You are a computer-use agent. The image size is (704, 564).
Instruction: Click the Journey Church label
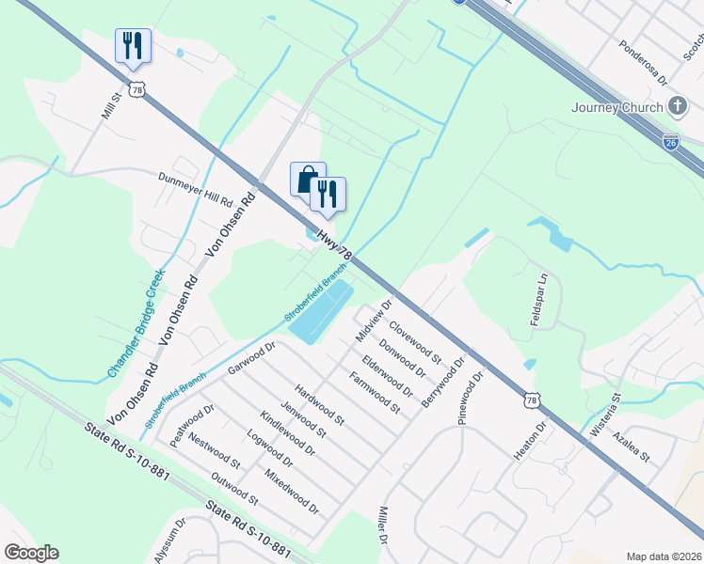tap(616, 107)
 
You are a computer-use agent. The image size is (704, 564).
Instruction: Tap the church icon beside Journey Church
tap(677, 105)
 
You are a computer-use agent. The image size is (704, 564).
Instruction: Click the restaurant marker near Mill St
tap(133, 45)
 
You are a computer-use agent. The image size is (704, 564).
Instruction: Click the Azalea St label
tap(631, 448)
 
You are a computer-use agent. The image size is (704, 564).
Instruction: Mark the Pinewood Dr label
tap(470, 398)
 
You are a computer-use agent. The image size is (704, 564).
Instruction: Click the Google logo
tap(31, 553)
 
